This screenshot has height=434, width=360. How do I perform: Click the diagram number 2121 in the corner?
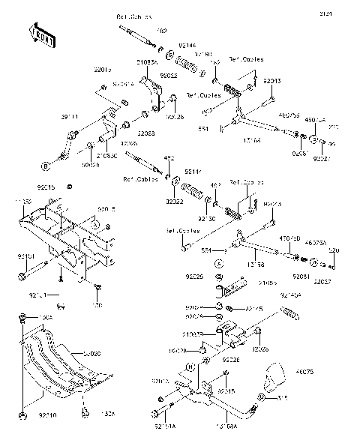[346, 14]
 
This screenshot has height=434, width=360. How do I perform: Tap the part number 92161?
[25, 256]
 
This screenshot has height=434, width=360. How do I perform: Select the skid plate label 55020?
[92, 353]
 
